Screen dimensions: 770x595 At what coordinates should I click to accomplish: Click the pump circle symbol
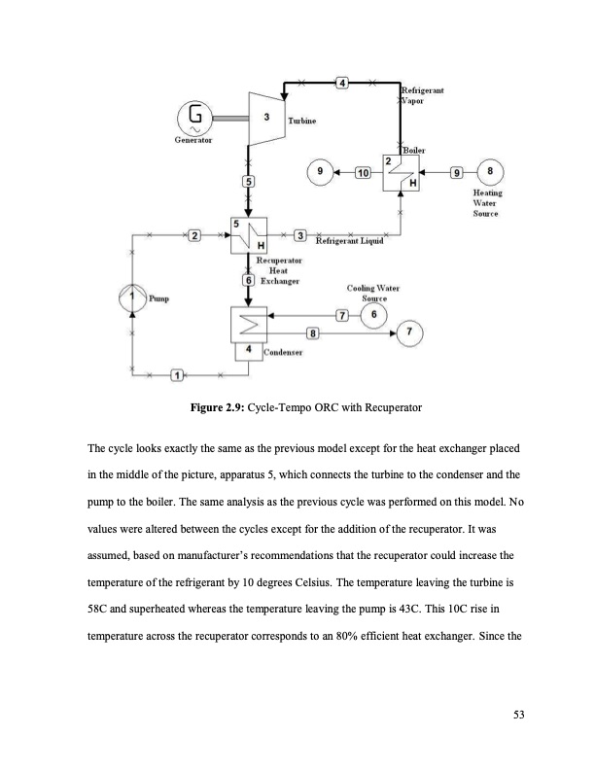(133, 296)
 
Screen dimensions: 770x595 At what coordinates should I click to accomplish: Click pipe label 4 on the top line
(341, 81)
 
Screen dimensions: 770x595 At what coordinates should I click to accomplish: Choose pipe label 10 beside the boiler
(363, 173)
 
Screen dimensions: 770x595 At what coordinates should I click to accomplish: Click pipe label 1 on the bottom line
(177, 376)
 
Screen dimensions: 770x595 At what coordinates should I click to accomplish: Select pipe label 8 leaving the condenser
(312, 334)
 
